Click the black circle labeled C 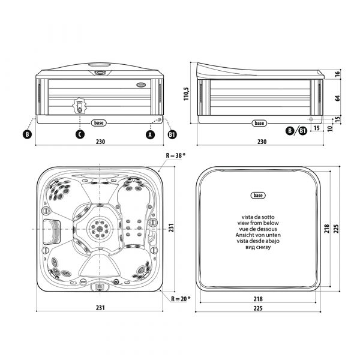(80, 134)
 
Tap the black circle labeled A (150, 134)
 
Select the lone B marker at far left (27, 134)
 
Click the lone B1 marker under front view (172, 134)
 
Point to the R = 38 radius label (175, 155)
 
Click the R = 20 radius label (181, 299)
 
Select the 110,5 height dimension (186, 94)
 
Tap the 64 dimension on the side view (337, 98)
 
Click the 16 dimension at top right (337, 74)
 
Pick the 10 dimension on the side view (330, 128)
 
